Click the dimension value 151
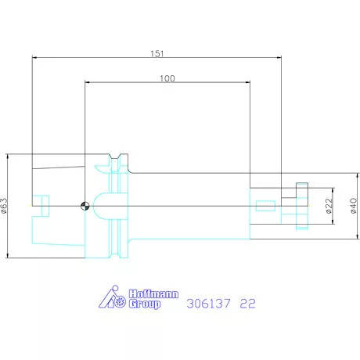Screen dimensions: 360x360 coord(157,53)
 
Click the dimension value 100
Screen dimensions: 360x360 coord(167,78)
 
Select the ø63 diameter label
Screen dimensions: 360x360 coord(5,205)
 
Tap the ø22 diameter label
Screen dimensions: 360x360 coord(329,206)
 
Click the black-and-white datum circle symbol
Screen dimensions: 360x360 coord(84,207)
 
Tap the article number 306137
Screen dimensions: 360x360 coord(207,302)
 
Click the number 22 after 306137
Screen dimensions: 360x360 coord(246,302)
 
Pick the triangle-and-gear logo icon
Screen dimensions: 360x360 coord(114,298)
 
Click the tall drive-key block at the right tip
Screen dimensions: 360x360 coord(302,207)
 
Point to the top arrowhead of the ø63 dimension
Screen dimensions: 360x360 coord(6,157)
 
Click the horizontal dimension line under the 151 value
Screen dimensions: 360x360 coord(157,57)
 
